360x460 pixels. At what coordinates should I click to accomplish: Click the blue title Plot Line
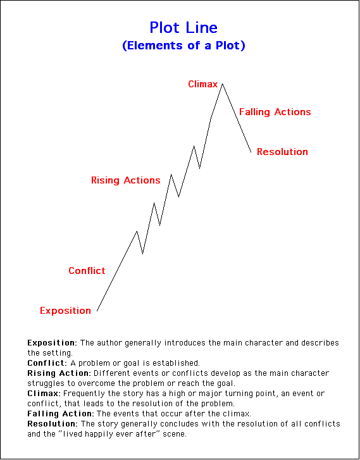point(183,28)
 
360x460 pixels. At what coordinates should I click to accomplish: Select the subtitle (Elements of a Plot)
point(183,46)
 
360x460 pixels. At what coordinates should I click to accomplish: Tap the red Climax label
point(203,85)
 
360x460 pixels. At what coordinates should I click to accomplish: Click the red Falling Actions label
point(275,112)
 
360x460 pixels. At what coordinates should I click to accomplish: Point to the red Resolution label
point(282,152)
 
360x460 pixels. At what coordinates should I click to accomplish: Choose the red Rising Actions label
point(126,180)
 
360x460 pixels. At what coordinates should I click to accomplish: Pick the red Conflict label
point(87,270)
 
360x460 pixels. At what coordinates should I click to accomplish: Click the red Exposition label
point(65,311)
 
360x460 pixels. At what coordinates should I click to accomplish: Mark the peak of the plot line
point(222,84)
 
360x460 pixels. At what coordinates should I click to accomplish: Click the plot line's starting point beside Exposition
point(97,311)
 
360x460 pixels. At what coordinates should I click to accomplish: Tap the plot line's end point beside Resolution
point(251,152)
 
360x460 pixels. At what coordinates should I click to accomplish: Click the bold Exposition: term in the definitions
point(53,343)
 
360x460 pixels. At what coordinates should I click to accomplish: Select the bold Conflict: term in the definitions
point(47,363)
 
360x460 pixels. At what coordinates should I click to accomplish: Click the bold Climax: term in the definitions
point(44,394)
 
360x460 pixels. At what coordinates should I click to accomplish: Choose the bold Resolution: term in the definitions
point(53,424)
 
